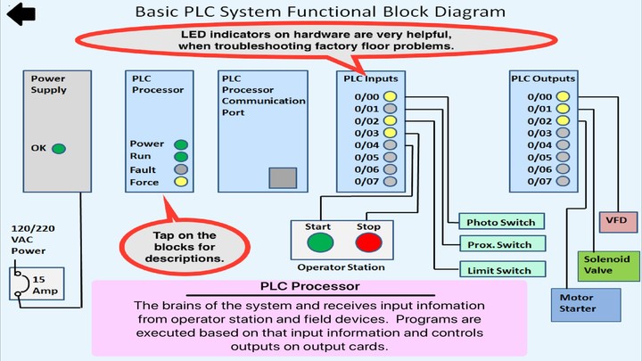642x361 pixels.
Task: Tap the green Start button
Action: click(x=320, y=243)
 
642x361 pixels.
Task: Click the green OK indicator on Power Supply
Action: click(x=59, y=149)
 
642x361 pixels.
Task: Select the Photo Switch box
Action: click(x=500, y=221)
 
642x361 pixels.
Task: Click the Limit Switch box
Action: click(x=500, y=270)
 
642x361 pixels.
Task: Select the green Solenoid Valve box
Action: click(x=606, y=265)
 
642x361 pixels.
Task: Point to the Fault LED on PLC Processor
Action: click(x=181, y=169)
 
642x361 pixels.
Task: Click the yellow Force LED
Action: click(x=181, y=183)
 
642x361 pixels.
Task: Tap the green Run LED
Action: click(x=181, y=157)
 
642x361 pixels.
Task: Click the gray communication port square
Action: click(x=284, y=176)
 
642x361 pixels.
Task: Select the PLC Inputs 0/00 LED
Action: click(x=390, y=97)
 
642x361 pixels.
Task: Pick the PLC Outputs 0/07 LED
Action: click(x=562, y=181)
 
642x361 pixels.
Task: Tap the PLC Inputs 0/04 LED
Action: click(x=390, y=144)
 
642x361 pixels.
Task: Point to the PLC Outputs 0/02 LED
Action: click(x=562, y=121)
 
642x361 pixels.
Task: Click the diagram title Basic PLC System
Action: click(x=319, y=12)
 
